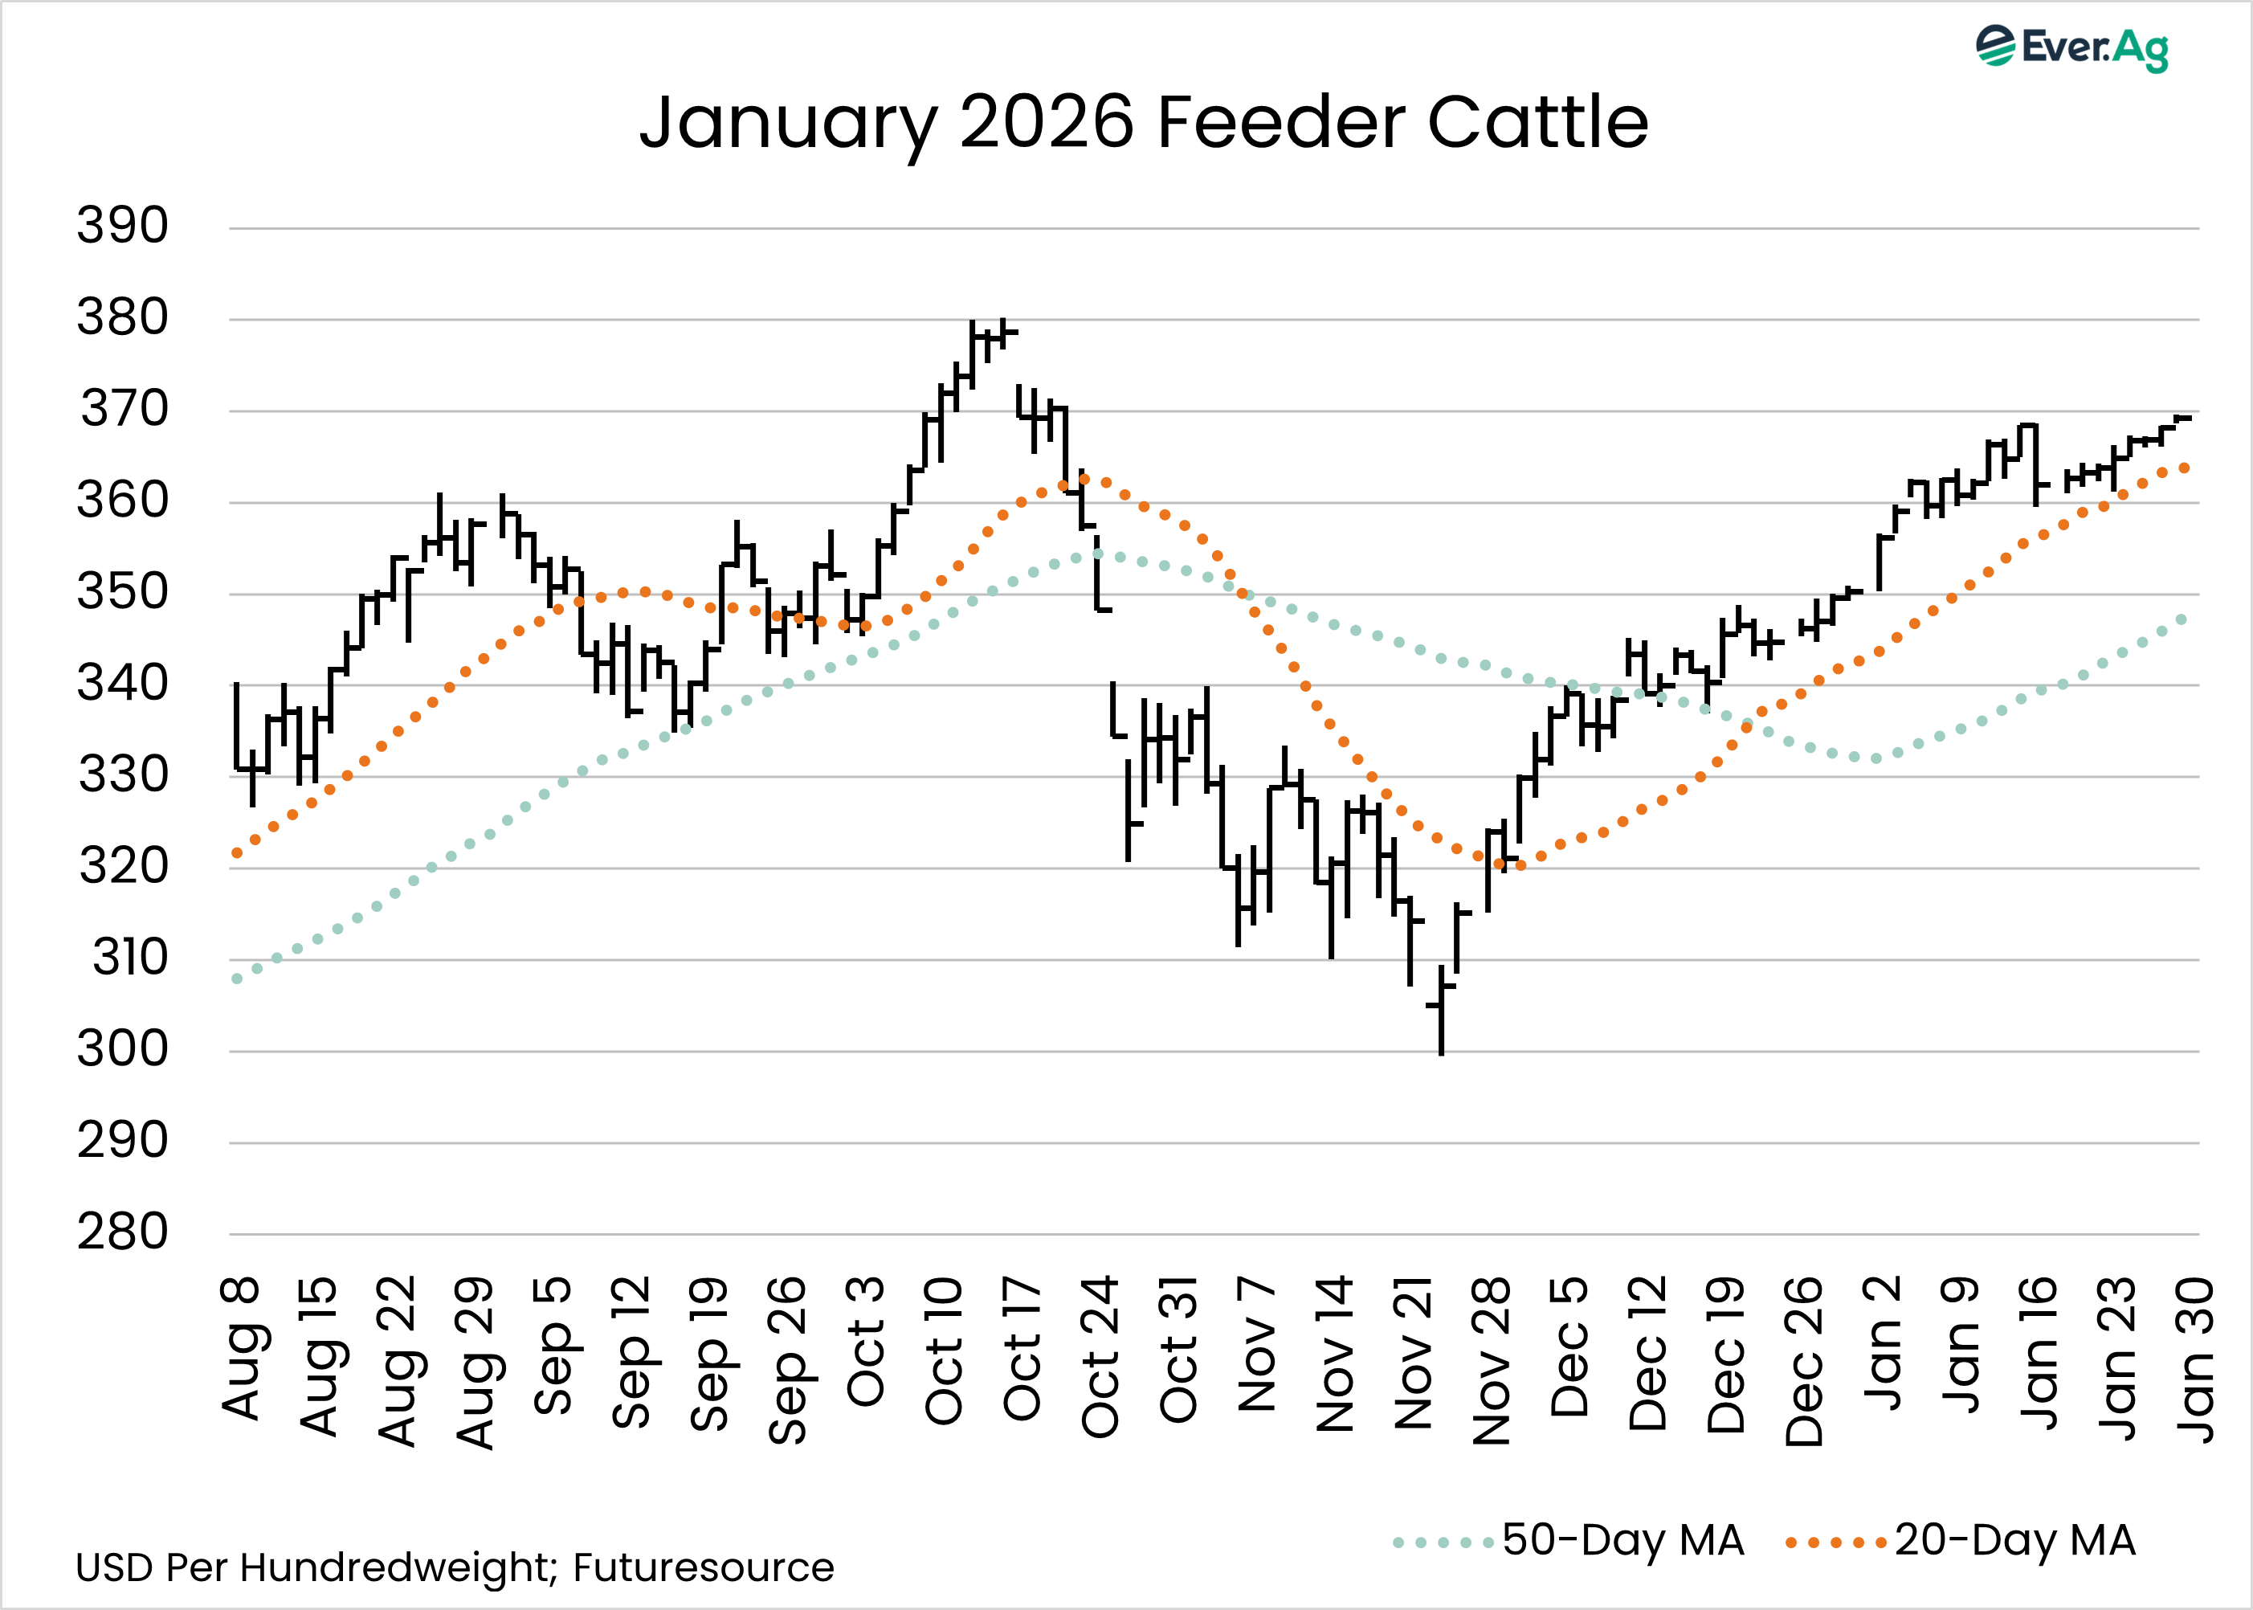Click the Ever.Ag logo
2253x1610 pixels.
2071,47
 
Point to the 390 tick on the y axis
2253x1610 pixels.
123,226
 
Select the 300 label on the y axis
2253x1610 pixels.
123,1049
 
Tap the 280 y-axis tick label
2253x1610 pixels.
123,1232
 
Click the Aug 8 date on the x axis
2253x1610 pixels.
241,1348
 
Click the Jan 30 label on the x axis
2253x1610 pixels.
2195,1359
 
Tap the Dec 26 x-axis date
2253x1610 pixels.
1804,1360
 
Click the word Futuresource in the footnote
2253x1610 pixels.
703,1567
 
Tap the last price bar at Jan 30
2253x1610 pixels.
2181,419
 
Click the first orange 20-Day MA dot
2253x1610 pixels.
237,852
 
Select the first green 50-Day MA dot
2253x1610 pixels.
237,979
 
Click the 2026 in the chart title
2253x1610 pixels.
1047,122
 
